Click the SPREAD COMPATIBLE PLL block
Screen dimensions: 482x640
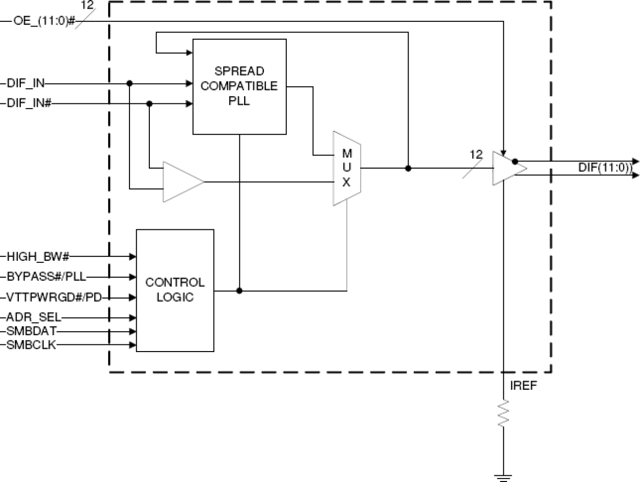point(239,87)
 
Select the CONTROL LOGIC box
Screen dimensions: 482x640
point(175,290)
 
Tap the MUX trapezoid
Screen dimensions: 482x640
point(346,168)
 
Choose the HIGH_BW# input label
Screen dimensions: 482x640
point(38,256)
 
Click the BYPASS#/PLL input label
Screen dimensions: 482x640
point(46,277)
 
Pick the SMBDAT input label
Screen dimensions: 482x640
point(32,331)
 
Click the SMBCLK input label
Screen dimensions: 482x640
point(32,345)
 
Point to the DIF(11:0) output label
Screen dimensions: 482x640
point(604,168)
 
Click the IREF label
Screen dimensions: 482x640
point(523,386)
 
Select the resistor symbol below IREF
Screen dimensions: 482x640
point(503,413)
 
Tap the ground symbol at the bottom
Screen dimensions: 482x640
point(503,477)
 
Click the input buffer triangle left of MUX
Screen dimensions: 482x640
point(181,182)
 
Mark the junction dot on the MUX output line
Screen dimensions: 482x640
point(408,168)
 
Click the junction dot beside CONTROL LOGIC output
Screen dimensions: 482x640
point(239,291)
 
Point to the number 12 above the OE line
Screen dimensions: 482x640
point(87,6)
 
